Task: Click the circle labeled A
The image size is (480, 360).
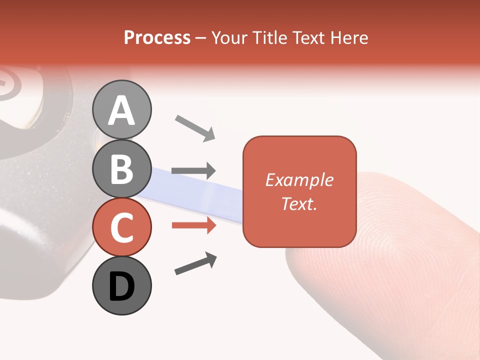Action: [121, 109]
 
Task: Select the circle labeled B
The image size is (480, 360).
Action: [121, 168]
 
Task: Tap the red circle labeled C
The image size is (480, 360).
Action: [121, 227]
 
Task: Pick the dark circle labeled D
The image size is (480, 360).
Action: [121, 285]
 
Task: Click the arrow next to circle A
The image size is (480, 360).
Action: [194, 127]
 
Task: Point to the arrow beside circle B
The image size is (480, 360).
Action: [193, 170]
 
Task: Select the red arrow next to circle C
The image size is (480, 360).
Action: [193, 225]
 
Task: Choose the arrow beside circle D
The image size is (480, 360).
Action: [195, 263]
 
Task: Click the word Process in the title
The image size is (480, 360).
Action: [157, 37]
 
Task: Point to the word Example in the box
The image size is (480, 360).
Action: [299, 180]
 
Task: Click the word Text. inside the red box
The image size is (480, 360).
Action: [299, 203]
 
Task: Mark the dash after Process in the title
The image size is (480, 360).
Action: [201, 38]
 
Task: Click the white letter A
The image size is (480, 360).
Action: [121, 110]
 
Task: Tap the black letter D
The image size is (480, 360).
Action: [121, 286]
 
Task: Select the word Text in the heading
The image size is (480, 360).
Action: [308, 37]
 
